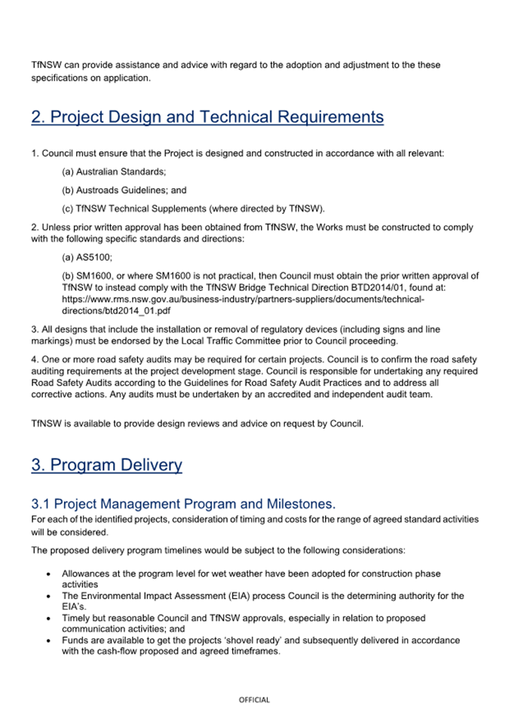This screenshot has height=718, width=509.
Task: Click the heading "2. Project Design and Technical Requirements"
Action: coord(207,118)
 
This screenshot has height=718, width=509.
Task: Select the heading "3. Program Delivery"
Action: coord(106,465)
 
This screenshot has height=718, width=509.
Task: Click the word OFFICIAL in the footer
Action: coord(254,700)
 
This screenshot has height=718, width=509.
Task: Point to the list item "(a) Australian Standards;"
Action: coord(114,173)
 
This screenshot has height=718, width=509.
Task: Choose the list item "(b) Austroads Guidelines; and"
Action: coord(124,191)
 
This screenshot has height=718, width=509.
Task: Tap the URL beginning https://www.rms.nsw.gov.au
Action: coord(243,299)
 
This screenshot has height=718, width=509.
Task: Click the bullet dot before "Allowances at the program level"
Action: coord(49,574)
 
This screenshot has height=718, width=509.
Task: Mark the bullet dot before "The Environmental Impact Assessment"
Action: coord(49,596)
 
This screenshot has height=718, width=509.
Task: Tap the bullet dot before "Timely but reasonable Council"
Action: coord(49,618)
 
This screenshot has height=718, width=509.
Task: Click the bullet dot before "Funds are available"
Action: coord(49,640)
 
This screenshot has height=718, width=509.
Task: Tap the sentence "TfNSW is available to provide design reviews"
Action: coord(197,423)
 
